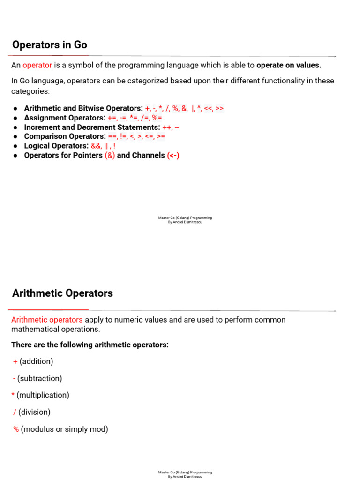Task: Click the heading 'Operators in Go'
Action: click(49, 45)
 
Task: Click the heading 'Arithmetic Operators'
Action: click(62, 293)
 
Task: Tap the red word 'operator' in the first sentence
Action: click(37, 65)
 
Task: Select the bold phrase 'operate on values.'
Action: click(289, 65)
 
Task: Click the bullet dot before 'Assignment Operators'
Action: click(15, 118)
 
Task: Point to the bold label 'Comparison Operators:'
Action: click(65, 136)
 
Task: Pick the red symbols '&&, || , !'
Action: click(103, 146)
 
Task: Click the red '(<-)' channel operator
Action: click(173, 155)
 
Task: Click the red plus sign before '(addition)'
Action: click(15, 361)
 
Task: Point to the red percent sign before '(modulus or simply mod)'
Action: click(16, 429)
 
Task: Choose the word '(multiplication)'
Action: click(43, 395)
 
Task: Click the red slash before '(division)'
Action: click(15, 412)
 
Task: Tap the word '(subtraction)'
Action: click(39, 378)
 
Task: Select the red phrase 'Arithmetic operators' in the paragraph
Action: click(47, 320)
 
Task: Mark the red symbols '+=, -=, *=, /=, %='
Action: click(135, 118)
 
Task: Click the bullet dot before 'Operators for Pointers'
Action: click(15, 155)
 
